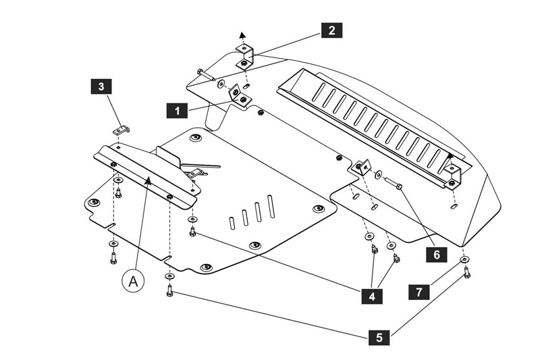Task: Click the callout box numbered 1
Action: click(x=177, y=111)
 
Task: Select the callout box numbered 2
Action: click(x=331, y=30)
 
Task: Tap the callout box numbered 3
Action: click(x=101, y=86)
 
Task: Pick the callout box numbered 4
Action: click(x=372, y=296)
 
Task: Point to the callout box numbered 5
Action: click(x=379, y=337)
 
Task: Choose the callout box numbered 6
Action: click(x=436, y=255)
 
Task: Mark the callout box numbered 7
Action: click(x=418, y=292)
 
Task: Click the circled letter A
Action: click(x=133, y=281)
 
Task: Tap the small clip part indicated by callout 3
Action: click(x=122, y=130)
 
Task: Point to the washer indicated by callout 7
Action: click(x=464, y=259)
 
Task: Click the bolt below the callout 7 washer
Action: click(x=466, y=272)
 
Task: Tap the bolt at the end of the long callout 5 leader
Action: click(x=169, y=290)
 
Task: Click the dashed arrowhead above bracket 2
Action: click(x=242, y=34)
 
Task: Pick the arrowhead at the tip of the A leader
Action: click(x=148, y=180)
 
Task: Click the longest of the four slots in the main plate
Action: click(x=271, y=207)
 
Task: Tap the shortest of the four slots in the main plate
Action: click(x=232, y=222)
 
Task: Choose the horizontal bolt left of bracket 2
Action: click(x=206, y=74)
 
